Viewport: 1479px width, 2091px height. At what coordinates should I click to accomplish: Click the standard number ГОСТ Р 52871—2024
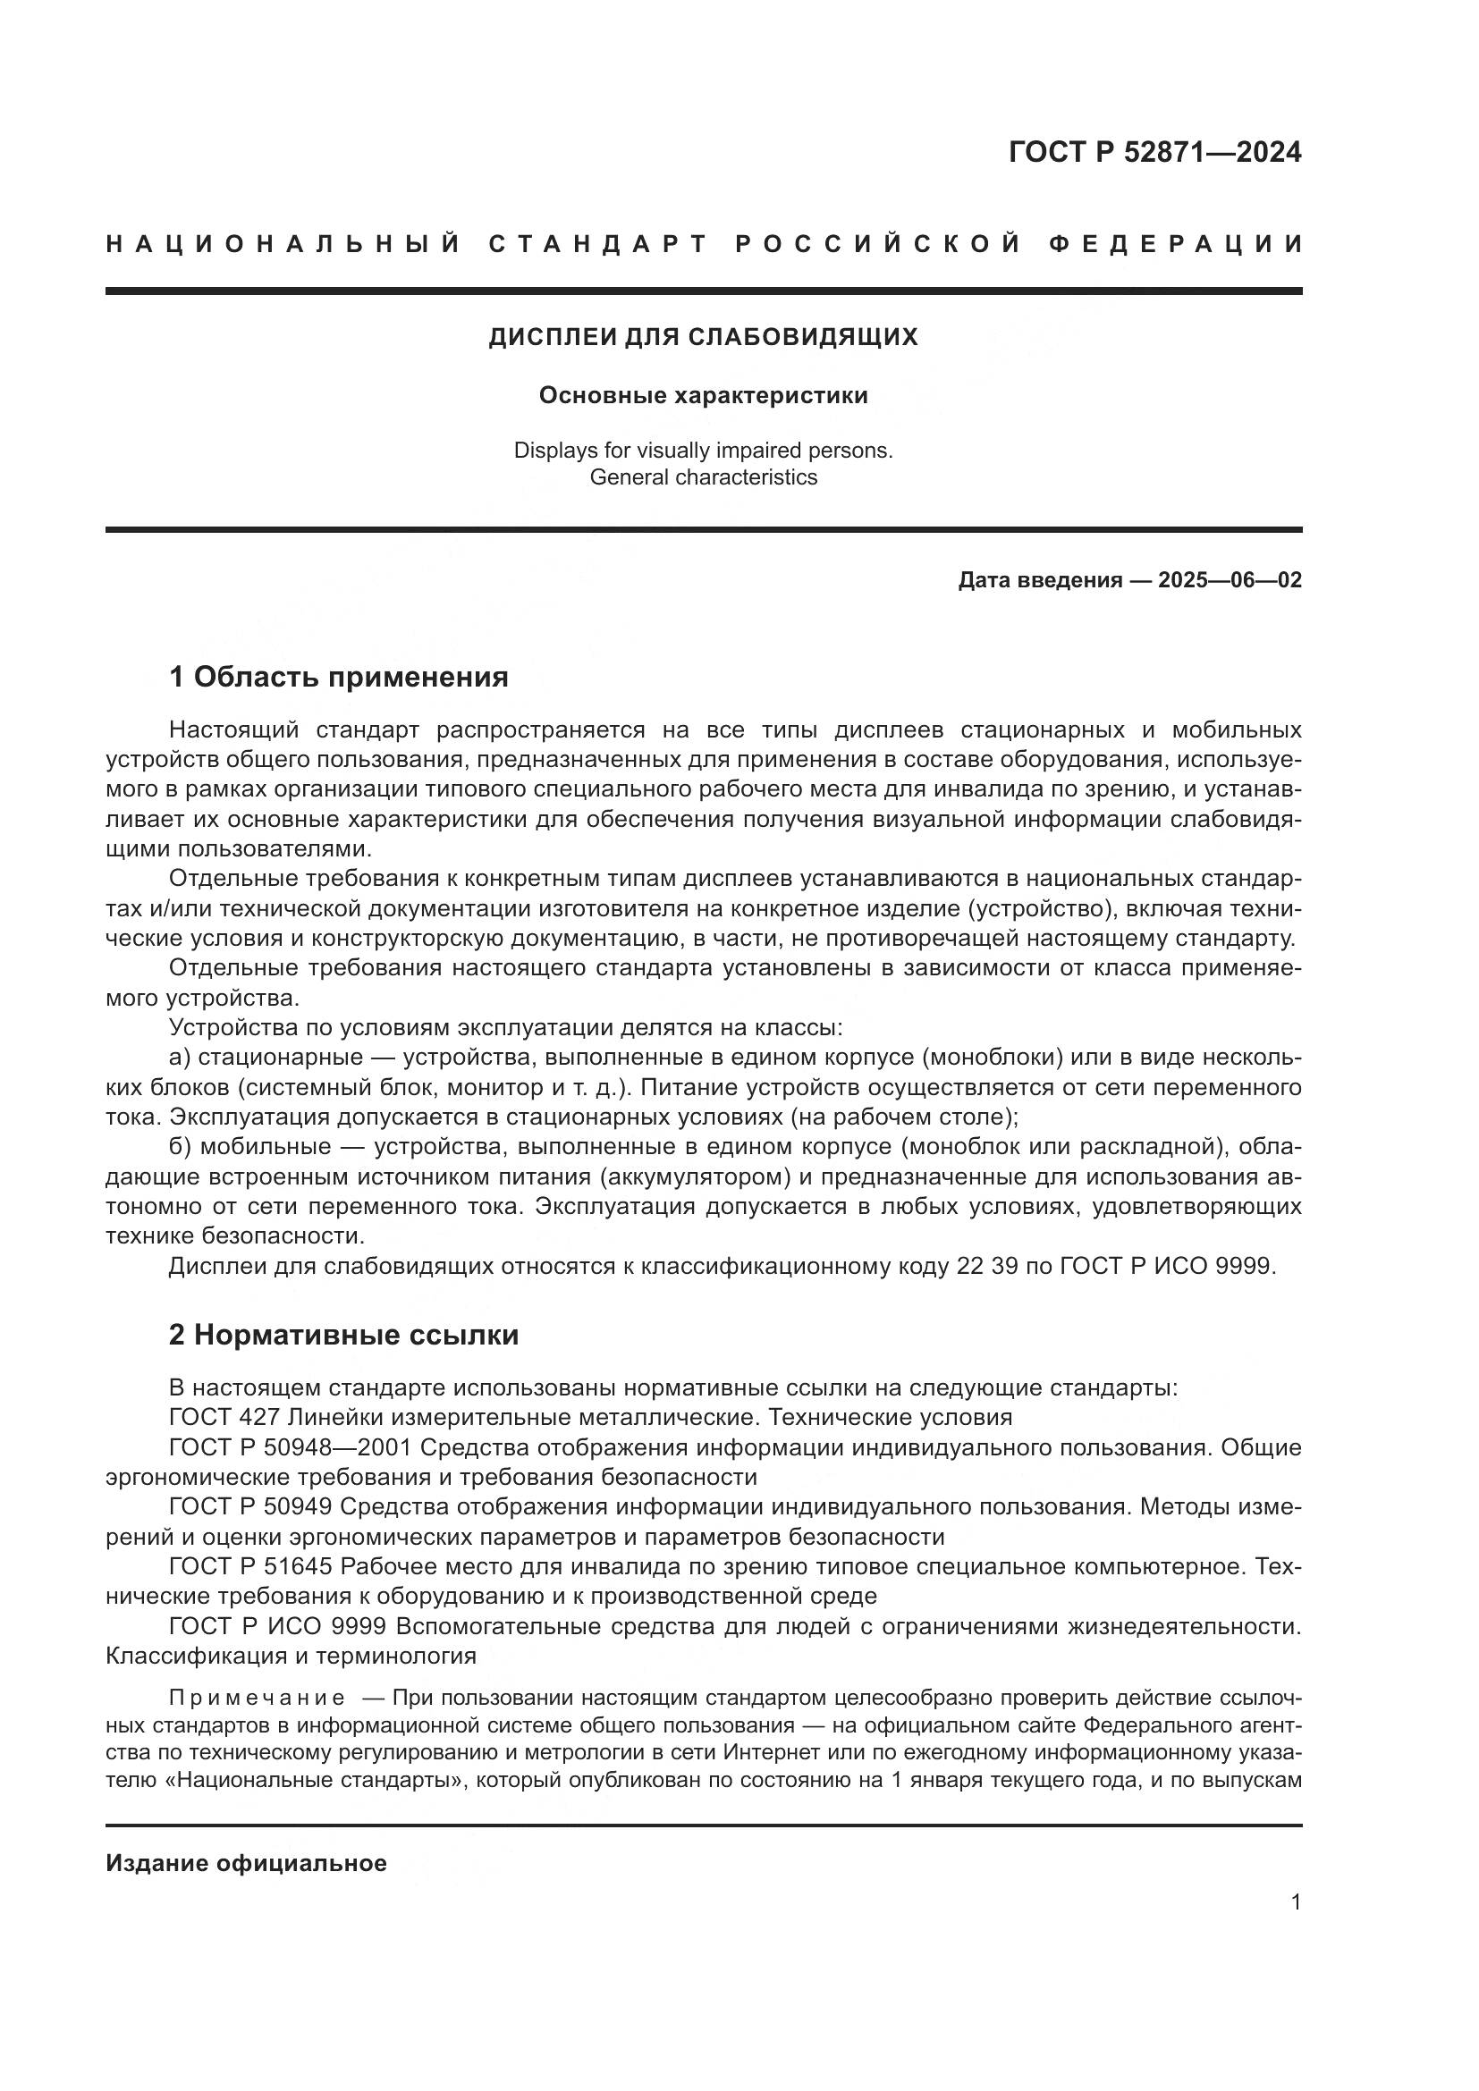point(1154,152)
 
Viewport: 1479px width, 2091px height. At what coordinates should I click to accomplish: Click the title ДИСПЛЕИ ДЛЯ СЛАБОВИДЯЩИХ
point(703,338)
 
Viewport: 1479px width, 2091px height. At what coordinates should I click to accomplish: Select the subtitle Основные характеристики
point(703,396)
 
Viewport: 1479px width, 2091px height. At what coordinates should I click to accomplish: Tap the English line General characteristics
point(703,477)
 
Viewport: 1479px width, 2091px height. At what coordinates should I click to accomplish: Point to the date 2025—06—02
point(1230,580)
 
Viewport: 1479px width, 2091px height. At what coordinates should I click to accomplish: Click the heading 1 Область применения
point(338,677)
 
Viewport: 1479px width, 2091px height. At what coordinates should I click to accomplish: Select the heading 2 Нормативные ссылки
point(343,1335)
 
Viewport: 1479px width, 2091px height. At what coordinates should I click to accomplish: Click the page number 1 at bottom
point(1295,1901)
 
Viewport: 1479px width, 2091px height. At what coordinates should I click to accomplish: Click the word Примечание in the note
point(257,1698)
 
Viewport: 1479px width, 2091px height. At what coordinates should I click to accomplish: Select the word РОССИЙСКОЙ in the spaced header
point(877,245)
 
